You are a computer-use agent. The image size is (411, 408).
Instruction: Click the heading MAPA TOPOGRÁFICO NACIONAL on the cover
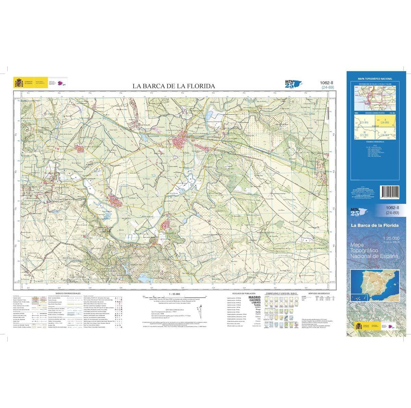[375, 79]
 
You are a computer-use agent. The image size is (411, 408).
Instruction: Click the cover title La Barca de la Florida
[374, 225]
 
